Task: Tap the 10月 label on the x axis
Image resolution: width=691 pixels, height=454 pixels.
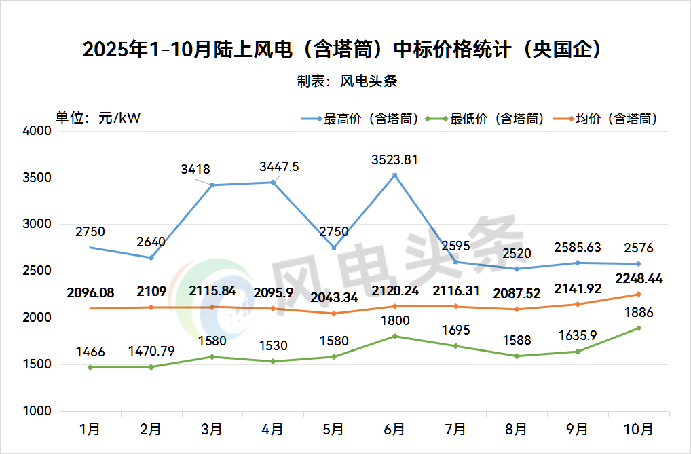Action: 638,429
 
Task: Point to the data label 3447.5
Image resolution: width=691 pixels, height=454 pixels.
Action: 279,167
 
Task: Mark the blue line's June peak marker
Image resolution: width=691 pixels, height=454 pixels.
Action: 394,176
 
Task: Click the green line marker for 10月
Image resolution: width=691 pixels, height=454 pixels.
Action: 638,328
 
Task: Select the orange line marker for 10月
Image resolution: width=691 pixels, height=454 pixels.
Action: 638,295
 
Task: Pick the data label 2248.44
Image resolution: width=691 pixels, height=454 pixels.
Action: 638,279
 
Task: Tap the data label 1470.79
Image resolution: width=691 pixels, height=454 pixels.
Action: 151,352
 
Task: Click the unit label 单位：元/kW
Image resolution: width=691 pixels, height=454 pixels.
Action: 98,117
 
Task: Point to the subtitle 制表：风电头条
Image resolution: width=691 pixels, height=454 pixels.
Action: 346,81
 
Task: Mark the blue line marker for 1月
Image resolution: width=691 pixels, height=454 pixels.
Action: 90,248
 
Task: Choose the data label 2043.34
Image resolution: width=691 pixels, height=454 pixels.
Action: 333,298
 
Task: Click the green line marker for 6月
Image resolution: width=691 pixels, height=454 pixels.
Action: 394,337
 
